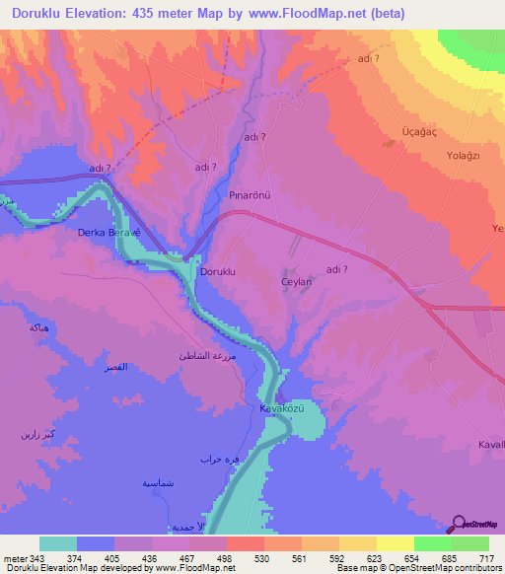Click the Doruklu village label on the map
click(218, 270)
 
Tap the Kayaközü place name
click(278, 407)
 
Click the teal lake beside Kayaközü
click(308, 423)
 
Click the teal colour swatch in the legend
click(58, 543)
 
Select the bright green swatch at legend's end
click(471, 543)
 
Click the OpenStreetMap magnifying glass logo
click(461, 523)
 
